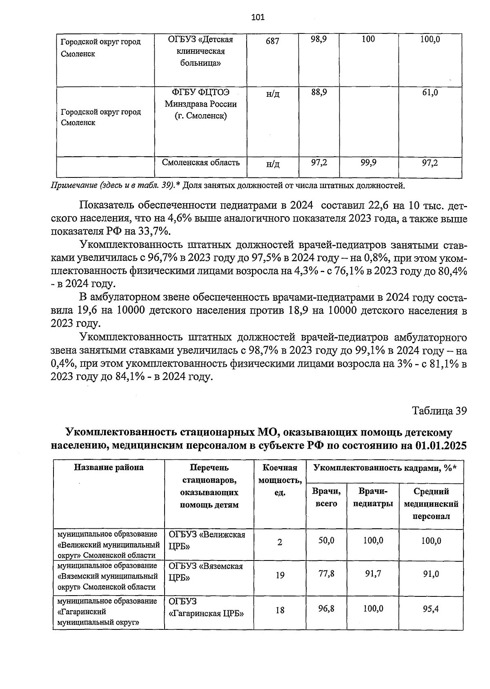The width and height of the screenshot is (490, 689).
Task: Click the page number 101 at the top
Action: tap(258, 17)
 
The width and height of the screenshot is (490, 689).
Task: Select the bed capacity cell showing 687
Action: tap(272, 41)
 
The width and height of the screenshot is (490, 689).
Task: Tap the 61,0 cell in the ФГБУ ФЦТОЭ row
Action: tap(430, 93)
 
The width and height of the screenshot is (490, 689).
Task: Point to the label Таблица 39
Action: tap(439, 411)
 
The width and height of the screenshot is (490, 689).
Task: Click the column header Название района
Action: tap(109, 467)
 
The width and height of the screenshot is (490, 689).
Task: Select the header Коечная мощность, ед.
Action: tap(280, 480)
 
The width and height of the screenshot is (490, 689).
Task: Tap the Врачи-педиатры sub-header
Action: tap(373, 497)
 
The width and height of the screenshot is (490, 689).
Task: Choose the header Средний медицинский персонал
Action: tap(431, 504)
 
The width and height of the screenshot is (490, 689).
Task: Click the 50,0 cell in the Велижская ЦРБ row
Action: tap(326, 541)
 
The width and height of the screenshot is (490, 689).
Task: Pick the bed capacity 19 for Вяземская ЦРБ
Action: tap(280, 576)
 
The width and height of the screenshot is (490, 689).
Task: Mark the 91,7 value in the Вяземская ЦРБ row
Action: tap(373, 574)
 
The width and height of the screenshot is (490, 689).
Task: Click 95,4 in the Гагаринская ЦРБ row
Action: tap(431, 609)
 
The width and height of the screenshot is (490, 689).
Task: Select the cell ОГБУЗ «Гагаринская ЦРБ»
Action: tap(206, 608)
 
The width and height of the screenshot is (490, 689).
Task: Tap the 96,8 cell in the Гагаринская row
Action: tap(326, 609)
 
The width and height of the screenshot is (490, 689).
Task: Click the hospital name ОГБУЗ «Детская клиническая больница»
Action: tap(200, 51)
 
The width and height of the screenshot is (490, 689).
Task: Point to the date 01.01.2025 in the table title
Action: tap(441, 445)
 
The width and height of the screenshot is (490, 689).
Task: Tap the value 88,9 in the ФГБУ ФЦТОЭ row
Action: tap(318, 93)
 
